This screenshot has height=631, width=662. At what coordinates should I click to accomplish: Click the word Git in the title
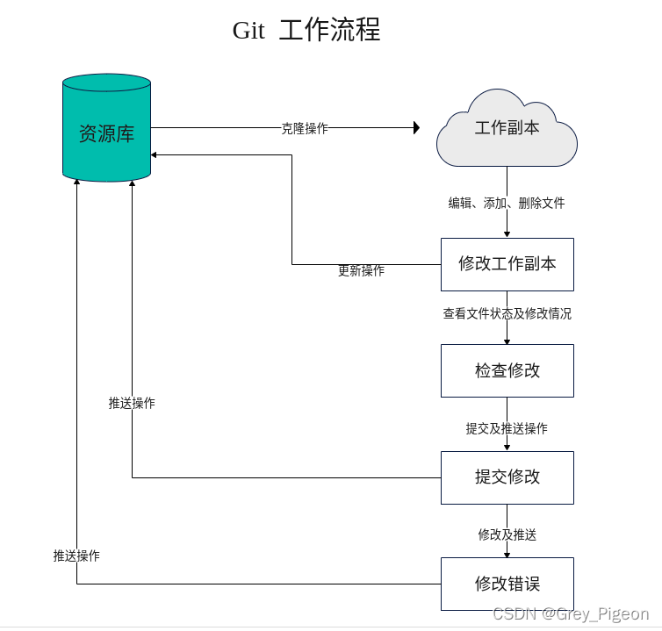tap(248, 31)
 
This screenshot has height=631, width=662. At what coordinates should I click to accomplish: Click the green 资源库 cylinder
tap(106, 128)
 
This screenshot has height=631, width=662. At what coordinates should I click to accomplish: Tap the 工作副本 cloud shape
tap(507, 128)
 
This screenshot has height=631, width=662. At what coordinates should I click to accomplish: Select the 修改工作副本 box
tap(507, 265)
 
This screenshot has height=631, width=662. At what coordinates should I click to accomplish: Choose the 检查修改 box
tap(507, 370)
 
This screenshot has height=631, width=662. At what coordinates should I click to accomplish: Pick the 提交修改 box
tap(507, 477)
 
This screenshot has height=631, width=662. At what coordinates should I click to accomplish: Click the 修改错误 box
tap(507, 584)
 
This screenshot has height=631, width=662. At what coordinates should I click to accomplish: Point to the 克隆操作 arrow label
tap(305, 128)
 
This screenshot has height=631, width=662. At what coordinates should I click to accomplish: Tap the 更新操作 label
tap(362, 270)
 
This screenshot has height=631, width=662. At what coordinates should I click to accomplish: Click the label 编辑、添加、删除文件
tap(507, 203)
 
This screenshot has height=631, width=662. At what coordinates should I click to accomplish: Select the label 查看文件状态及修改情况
tap(507, 313)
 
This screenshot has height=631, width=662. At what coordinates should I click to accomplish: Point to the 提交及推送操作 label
tap(507, 428)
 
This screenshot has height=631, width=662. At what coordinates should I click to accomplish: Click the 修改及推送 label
tap(507, 534)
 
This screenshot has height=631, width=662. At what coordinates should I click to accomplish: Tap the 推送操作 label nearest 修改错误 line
tap(76, 556)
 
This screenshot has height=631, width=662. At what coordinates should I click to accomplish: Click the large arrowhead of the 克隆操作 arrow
tap(417, 127)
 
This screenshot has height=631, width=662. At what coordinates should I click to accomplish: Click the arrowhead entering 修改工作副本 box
tap(507, 234)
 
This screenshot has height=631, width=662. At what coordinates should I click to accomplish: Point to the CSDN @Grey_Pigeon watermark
tap(571, 613)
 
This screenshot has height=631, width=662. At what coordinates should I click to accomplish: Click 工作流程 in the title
tap(330, 30)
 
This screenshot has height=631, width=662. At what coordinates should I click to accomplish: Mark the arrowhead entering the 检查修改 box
tap(507, 341)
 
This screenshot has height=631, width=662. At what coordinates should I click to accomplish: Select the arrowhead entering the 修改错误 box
tap(507, 554)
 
